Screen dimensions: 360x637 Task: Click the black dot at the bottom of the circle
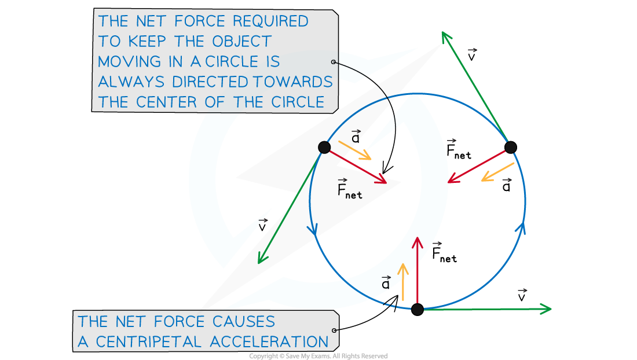click(x=418, y=309)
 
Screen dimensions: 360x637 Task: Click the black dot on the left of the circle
click(x=324, y=147)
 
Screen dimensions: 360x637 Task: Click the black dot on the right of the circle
click(x=510, y=147)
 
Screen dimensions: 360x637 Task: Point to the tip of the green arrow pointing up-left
click(x=443, y=34)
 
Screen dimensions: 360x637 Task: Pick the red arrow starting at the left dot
click(x=356, y=166)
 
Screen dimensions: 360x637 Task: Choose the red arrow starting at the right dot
click(x=478, y=166)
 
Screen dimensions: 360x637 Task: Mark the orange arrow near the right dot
click(x=497, y=172)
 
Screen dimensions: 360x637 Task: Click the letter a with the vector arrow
click(x=386, y=284)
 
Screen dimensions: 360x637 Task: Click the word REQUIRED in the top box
click(x=270, y=21)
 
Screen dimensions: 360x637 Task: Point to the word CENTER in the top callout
click(x=167, y=102)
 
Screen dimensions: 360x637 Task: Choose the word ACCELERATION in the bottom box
click(x=269, y=341)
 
